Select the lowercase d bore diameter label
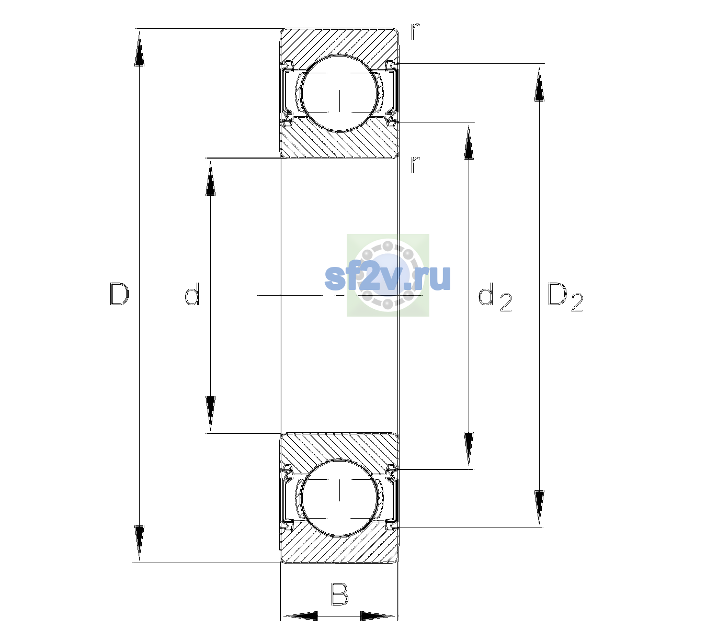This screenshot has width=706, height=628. pyautogui.click(x=192, y=294)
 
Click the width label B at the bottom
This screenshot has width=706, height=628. pyautogui.click(x=339, y=595)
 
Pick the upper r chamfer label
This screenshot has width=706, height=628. pyautogui.click(x=415, y=31)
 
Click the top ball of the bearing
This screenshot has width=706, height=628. pyautogui.click(x=339, y=94)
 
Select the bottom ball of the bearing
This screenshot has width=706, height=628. pyautogui.click(x=339, y=497)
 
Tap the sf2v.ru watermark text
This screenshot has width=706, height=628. pyautogui.click(x=388, y=277)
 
